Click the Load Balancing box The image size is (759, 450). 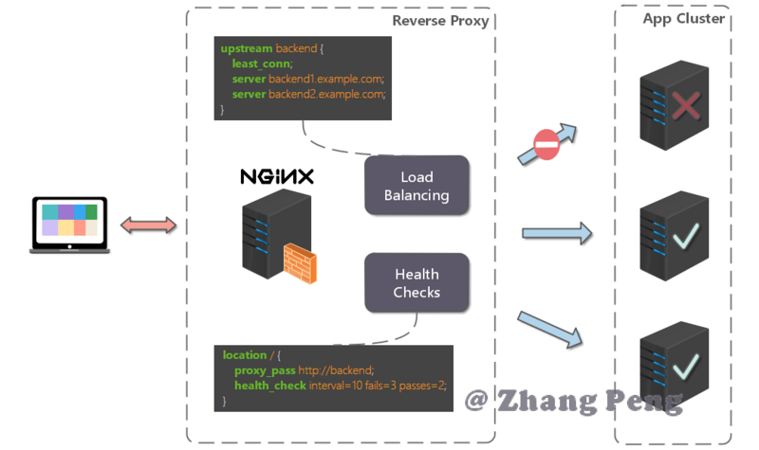pyautogui.click(x=417, y=185)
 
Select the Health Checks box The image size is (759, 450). pyautogui.click(x=417, y=282)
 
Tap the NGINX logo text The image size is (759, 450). pyautogui.click(x=277, y=176)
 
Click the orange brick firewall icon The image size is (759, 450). pyautogui.click(x=300, y=263)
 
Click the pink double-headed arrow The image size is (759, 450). pyautogui.click(x=148, y=225)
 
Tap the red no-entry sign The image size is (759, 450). pyautogui.click(x=546, y=145)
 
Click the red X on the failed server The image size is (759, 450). pyautogui.click(x=686, y=105)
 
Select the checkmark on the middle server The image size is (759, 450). pyautogui.click(x=686, y=236)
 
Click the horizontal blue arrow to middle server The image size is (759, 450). pyautogui.click(x=557, y=233)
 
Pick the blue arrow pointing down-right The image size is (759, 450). pyautogui.click(x=550, y=330)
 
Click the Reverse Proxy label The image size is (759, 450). pyautogui.click(x=440, y=21)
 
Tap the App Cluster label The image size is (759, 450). pyautogui.click(x=683, y=18)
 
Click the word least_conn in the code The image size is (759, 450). pyautogui.click(x=262, y=63)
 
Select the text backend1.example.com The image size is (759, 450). pyautogui.click(x=325, y=79)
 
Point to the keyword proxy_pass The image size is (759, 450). pyautogui.click(x=265, y=370)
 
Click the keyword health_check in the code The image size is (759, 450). pyautogui.click(x=270, y=386)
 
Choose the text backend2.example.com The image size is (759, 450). pyautogui.click(x=326, y=94)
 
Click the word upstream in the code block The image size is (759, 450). pyautogui.click(x=247, y=49)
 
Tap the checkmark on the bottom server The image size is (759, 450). pyautogui.click(x=686, y=367)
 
